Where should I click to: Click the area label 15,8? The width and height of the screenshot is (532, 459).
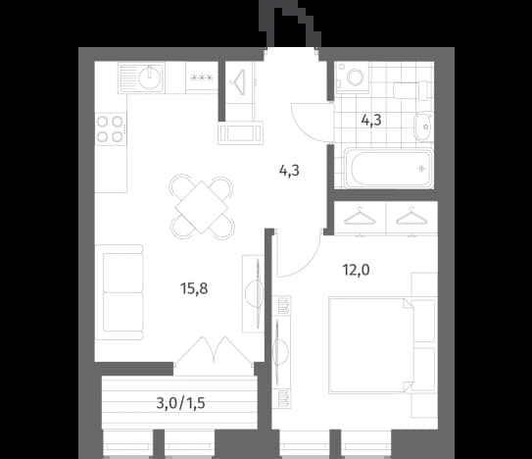click(194, 288)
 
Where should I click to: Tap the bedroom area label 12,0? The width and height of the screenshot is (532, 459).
click(356, 270)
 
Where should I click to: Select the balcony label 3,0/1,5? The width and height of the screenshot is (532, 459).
click(180, 403)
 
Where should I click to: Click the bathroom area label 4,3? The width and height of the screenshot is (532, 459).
click(371, 120)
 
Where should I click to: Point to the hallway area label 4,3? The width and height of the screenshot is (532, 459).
click(289, 171)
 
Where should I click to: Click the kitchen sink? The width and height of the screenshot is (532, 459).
click(141, 78)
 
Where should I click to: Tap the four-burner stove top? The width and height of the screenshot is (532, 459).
click(110, 129)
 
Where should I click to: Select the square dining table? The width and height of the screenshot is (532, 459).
click(202, 207)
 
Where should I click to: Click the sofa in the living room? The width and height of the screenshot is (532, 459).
click(120, 292)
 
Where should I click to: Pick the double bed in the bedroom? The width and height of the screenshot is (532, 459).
click(371, 345)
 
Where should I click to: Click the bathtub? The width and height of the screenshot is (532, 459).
click(389, 168)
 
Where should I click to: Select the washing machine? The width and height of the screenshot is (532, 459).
click(352, 77)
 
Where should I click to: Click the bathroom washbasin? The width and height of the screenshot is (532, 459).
click(422, 127)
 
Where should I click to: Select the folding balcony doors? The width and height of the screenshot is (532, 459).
click(214, 352)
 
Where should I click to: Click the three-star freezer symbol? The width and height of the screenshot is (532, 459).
click(202, 77)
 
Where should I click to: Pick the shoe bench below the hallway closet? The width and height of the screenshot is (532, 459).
click(241, 132)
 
